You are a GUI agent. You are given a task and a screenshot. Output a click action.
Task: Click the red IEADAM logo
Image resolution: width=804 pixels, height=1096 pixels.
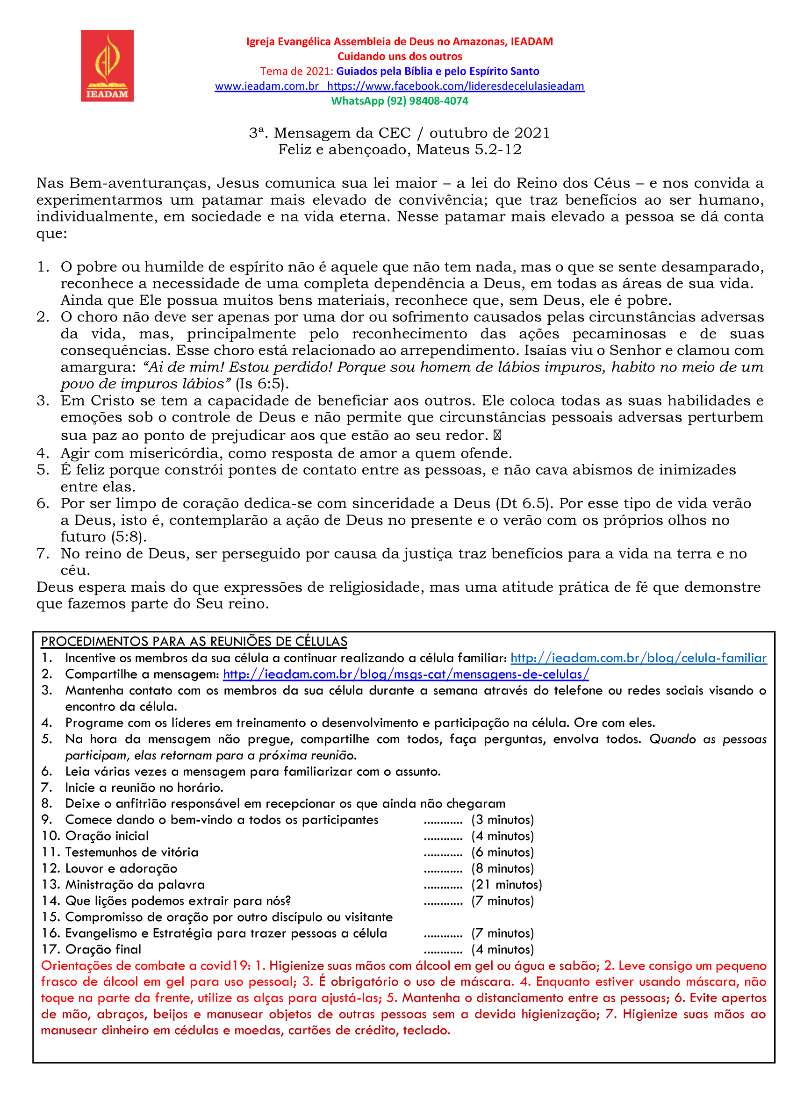[107, 66]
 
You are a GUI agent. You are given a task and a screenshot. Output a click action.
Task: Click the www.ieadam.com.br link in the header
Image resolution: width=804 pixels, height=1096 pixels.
[267, 86]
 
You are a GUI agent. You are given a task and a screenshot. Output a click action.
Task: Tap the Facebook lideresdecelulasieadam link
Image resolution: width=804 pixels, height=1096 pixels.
[456, 86]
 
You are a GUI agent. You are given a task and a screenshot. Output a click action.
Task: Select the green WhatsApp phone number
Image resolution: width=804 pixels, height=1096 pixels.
[399, 101]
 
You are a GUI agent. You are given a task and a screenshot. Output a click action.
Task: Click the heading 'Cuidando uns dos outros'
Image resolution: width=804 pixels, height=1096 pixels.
[399, 57]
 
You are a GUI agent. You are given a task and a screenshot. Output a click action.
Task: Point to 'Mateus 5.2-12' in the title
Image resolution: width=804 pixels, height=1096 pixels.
[469, 150]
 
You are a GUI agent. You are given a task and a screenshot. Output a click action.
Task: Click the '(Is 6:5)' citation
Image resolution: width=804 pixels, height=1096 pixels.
[262, 384]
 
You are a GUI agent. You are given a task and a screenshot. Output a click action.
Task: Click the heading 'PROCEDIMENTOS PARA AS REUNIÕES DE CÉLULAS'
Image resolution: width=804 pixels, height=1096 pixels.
[194, 641]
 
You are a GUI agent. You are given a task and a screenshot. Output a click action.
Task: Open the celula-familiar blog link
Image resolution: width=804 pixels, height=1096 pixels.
[638, 658]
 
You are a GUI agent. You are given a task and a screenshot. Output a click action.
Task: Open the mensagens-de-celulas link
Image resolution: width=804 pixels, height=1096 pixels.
[406, 674]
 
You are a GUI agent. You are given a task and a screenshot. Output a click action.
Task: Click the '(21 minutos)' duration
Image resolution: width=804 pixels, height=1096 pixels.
[506, 885]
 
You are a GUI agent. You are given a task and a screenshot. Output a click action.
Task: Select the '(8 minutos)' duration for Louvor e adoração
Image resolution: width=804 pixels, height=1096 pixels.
[502, 868]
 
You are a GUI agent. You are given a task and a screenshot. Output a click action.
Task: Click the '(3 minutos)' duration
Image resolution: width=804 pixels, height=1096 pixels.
[502, 820]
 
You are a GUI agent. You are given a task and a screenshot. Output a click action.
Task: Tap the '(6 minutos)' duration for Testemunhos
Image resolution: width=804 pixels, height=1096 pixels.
[502, 852]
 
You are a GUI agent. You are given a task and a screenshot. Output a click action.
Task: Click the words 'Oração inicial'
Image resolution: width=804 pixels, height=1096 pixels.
[107, 836]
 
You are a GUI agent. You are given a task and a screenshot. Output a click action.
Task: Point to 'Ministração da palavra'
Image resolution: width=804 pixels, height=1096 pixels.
[135, 885]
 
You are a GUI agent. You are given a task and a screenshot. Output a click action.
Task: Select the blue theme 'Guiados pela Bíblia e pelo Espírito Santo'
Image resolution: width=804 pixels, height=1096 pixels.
[438, 71]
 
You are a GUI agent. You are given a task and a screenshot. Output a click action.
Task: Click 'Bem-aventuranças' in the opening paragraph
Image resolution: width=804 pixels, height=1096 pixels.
[140, 183]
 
